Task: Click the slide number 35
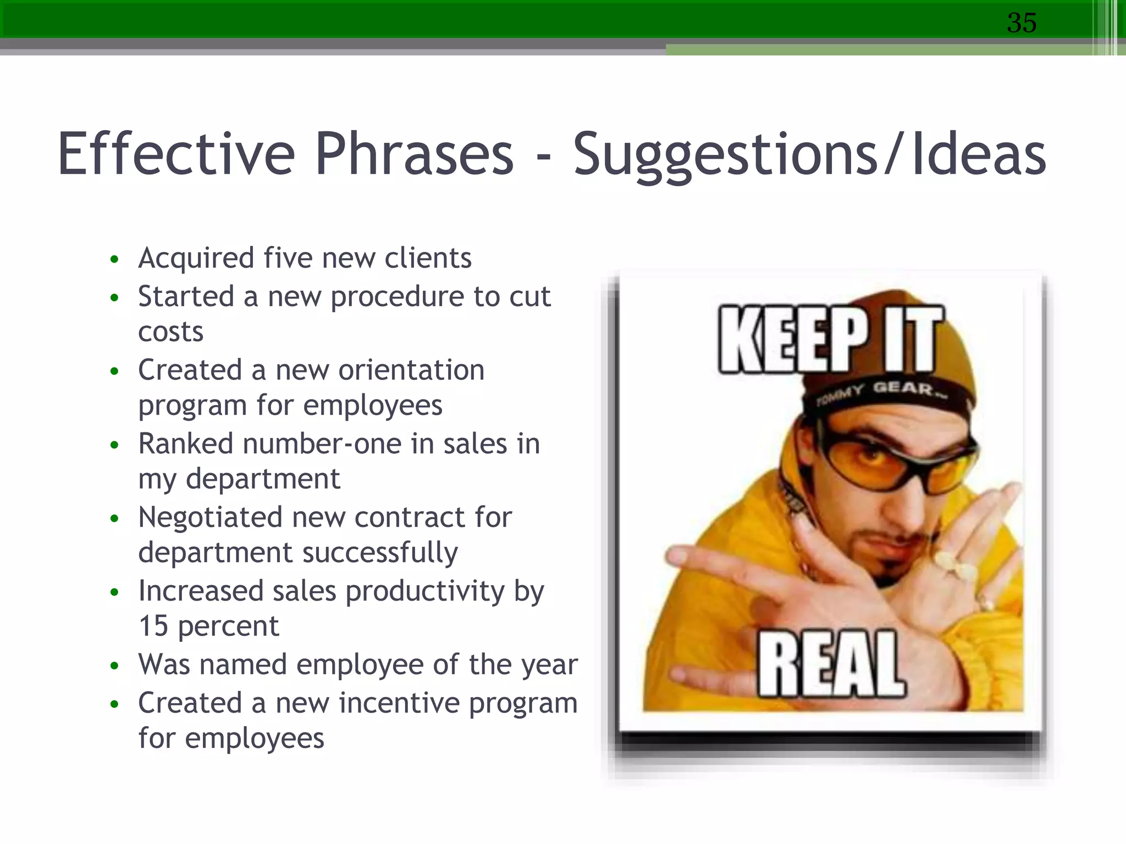click(x=1022, y=23)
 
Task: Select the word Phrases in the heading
click(x=413, y=155)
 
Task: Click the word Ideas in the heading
click(x=979, y=155)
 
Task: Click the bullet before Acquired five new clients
click(x=114, y=259)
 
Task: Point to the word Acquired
click(x=196, y=258)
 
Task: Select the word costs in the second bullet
click(x=170, y=332)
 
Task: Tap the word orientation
click(x=411, y=370)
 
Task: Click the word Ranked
click(x=185, y=443)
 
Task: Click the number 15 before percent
click(x=153, y=626)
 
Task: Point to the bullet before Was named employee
click(x=114, y=666)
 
